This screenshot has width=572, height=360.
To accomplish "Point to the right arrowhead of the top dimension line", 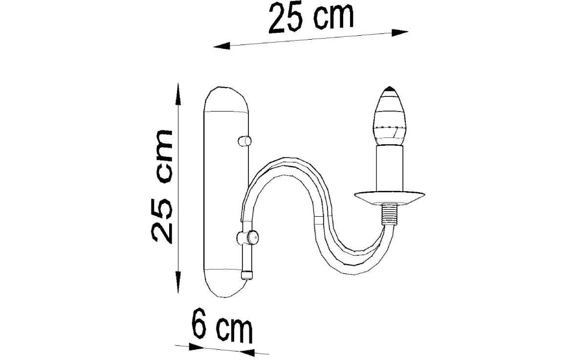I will click(400, 32).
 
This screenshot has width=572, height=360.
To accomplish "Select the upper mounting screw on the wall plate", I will click(243, 141).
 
